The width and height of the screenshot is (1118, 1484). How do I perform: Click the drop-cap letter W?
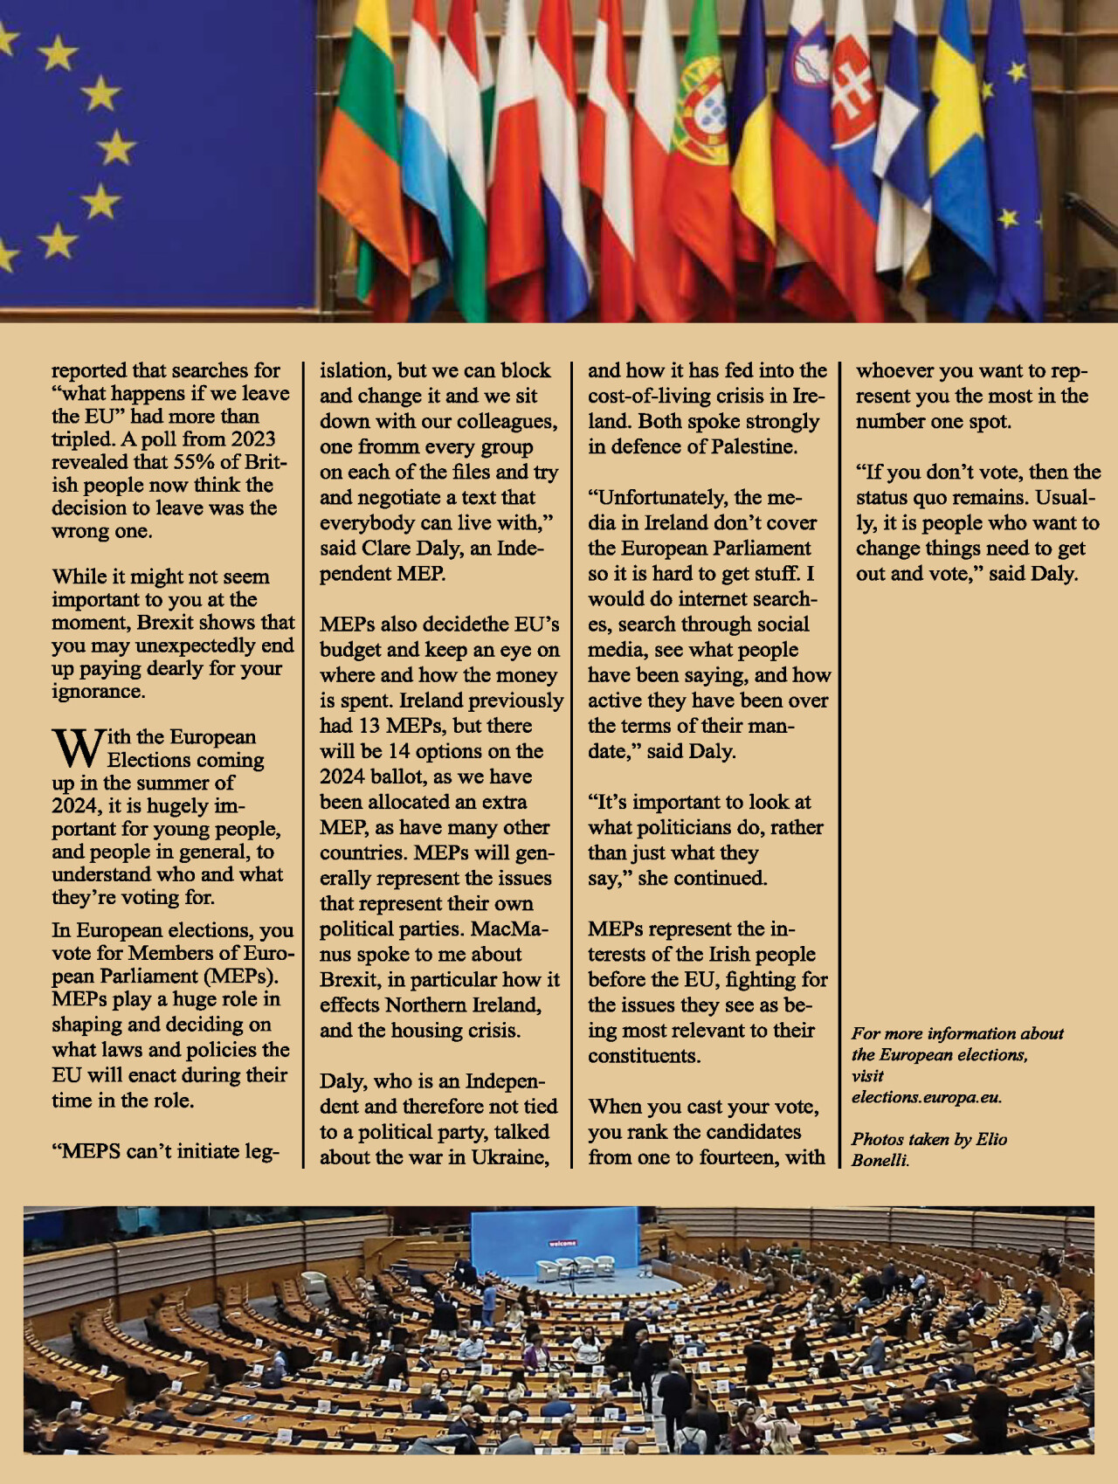pyautogui.click(x=78, y=747)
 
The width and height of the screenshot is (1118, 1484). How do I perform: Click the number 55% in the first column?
pyautogui.click(x=192, y=462)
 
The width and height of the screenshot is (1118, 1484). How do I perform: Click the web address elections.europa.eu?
pyautogui.click(x=926, y=1097)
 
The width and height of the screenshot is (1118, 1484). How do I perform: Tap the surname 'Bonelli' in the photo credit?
pyautogui.click(x=880, y=1160)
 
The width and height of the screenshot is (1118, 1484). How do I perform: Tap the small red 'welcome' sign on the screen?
pyautogui.click(x=562, y=1242)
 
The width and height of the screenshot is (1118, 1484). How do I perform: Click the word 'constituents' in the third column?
pyautogui.click(x=643, y=1056)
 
